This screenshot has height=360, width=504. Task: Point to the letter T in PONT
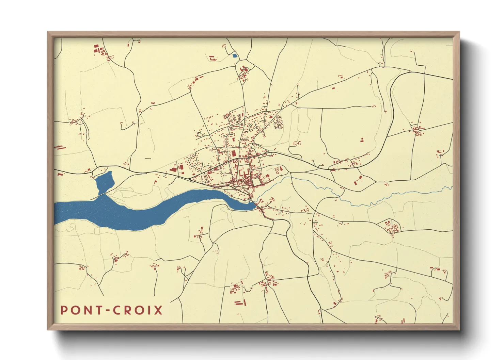click(98, 310)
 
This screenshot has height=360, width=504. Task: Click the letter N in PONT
click(87, 310)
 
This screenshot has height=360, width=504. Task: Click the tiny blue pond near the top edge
click(234, 55)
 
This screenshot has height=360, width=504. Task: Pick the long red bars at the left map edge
click(59, 147)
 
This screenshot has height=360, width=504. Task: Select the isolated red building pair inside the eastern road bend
click(362, 140)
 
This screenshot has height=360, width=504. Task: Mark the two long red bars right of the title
click(240, 302)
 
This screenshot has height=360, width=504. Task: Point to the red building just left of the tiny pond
click(212, 58)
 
